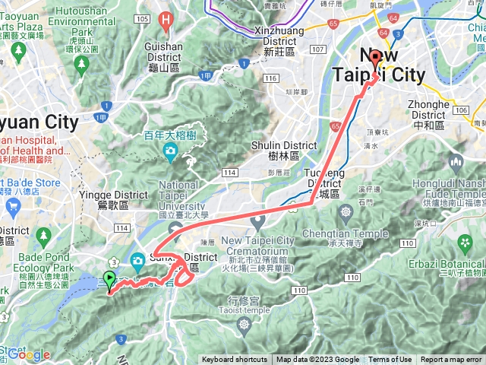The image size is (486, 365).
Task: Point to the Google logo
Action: coord(29,354)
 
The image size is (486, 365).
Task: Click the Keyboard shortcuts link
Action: coord(235,360)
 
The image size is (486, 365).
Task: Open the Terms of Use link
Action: coord(390,360)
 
